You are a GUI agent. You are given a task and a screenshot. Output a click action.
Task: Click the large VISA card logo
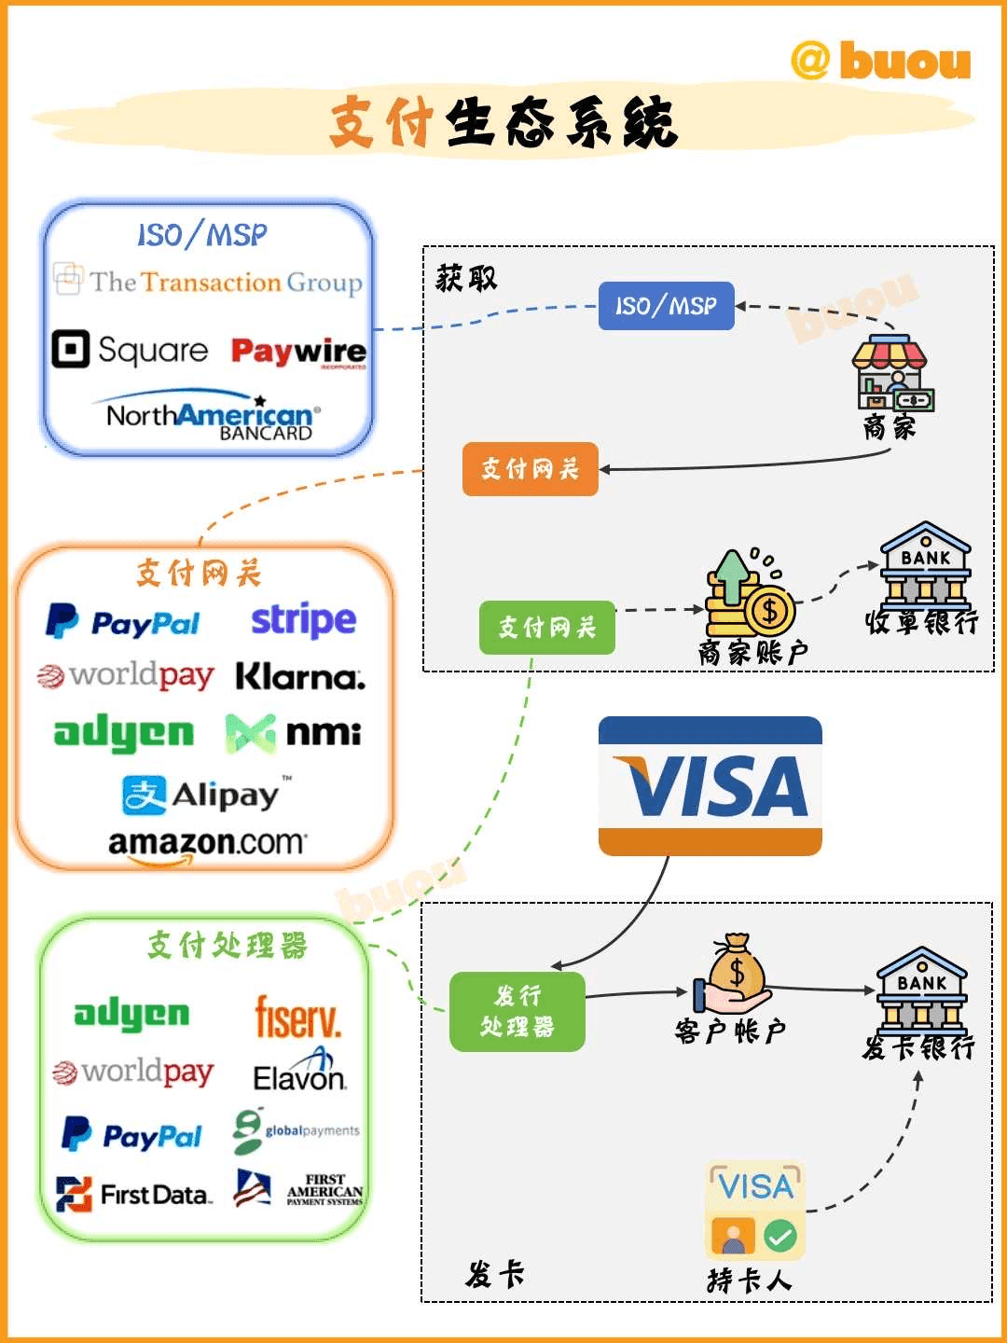coord(710,785)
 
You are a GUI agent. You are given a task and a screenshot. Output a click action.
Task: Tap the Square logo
coord(131,350)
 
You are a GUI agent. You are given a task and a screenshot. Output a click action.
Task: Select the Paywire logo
coord(298,352)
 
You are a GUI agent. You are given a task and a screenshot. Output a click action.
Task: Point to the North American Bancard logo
coord(213,417)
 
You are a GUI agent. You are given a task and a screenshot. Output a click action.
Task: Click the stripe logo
coord(303,620)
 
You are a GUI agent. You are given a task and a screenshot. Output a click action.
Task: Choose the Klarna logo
coord(300,676)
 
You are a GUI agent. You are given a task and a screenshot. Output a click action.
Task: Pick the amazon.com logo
coord(206,844)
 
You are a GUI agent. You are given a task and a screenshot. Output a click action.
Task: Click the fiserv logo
coord(298,1017)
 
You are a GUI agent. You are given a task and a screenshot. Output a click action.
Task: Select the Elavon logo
coord(299,1073)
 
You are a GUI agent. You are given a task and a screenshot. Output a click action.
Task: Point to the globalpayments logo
coord(297,1131)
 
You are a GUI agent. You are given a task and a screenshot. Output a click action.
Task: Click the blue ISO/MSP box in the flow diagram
coord(666,306)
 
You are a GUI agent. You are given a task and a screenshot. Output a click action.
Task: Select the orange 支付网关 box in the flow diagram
coord(530,468)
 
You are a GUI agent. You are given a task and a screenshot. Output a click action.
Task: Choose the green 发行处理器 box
coord(517,1012)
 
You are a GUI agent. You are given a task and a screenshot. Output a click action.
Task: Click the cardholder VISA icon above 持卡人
coord(755,1210)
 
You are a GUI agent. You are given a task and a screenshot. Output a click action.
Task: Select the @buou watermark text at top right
coord(880,62)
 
